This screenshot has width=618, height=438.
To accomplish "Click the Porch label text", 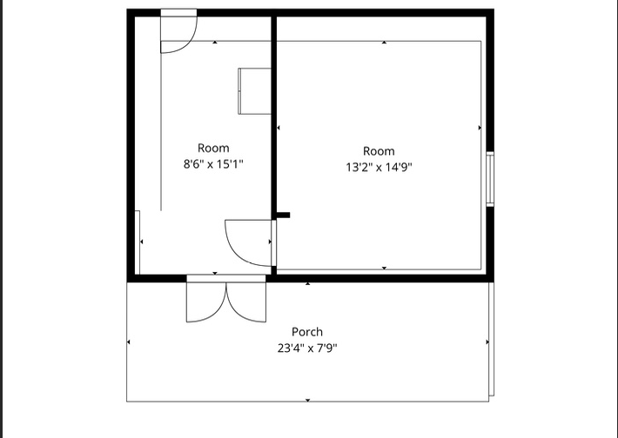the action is tap(307, 332).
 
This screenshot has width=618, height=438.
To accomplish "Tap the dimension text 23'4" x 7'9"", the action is tap(307, 348).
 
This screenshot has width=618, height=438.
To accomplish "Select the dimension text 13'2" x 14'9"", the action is tap(379, 167).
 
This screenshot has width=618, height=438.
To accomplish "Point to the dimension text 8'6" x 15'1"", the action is tap(213, 164).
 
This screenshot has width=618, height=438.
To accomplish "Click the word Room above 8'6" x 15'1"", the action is tap(213, 149).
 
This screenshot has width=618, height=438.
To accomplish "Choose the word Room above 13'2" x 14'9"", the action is tap(379, 151).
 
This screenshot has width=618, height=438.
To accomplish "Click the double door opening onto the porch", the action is tap(226, 299).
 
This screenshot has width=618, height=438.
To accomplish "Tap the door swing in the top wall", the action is tap(178, 30).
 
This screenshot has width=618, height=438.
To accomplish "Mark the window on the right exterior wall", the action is tap(490, 179).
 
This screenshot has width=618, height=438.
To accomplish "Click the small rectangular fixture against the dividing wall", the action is tap(255, 91).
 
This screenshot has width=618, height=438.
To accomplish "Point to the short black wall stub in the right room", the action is tap(283, 216).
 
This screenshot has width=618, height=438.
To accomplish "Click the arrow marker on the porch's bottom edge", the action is tap(308, 401).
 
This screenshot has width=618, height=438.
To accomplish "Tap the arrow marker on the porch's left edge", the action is tap(129, 342).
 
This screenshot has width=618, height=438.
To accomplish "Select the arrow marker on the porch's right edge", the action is tap(487, 342).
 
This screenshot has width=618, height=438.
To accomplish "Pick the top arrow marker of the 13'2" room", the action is tap(384, 42).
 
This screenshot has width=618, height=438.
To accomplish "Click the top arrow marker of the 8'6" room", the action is tap(215, 42).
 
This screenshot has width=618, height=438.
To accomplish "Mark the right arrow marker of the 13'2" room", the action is tap(480, 128).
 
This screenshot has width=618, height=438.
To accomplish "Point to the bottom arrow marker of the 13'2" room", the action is tap(384, 268).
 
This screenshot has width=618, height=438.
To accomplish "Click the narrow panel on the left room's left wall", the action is tap(138, 242).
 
